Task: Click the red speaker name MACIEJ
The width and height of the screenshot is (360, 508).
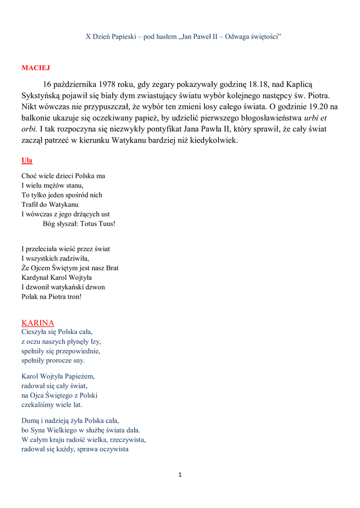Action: pos(36,67)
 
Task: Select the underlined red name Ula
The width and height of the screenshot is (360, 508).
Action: pos(27,160)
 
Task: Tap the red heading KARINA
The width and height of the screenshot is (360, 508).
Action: pos(38,323)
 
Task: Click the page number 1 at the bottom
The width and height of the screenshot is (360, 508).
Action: pos(180,475)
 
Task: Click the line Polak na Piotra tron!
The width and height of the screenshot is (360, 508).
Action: pos(51,297)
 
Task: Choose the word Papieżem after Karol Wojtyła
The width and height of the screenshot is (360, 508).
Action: pos(78,377)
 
